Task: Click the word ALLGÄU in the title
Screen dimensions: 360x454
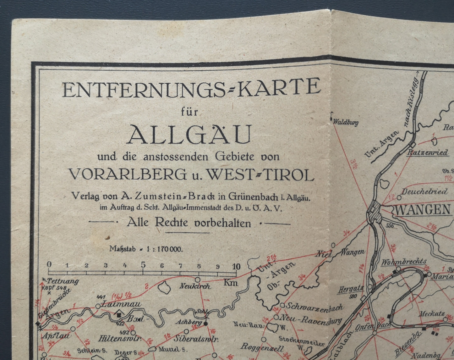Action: (190, 134)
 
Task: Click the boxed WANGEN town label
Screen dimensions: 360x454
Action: (423, 210)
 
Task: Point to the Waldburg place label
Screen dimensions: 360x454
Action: (345, 123)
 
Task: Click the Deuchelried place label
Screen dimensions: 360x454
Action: (424, 191)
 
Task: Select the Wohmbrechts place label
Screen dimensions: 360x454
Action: (404, 261)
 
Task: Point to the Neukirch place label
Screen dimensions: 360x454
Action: (195, 286)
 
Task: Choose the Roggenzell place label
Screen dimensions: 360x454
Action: (262, 348)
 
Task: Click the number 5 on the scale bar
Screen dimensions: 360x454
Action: (143, 264)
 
